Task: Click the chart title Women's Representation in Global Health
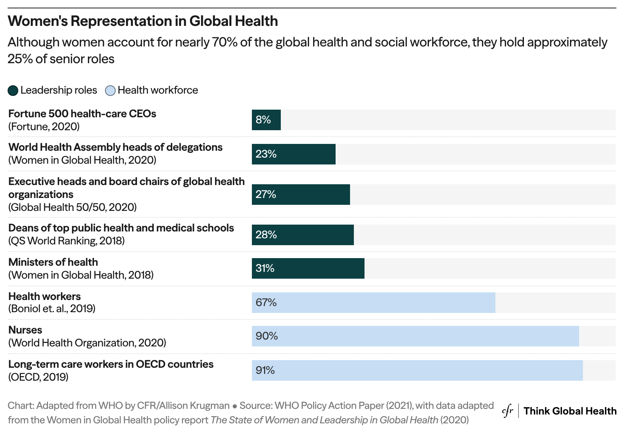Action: [143, 21]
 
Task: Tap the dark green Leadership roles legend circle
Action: [13, 91]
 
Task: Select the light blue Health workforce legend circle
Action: [110, 91]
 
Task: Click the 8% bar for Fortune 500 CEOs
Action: [266, 120]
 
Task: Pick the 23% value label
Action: [266, 154]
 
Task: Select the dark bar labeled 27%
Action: [301, 195]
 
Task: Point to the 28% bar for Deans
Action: [302, 235]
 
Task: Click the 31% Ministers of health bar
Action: [308, 268]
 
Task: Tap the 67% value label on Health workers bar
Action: [266, 303]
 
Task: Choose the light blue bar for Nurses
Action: [415, 336]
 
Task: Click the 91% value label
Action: [265, 370]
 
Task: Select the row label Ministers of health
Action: [53, 262]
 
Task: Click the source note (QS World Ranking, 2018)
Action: [67, 241]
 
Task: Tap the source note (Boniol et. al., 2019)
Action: [52, 308]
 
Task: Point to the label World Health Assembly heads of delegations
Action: [115, 147]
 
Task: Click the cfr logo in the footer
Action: [508, 411]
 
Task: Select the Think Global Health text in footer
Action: [570, 411]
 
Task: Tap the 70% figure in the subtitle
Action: [224, 42]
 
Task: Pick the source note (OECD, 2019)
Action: [38, 377]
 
